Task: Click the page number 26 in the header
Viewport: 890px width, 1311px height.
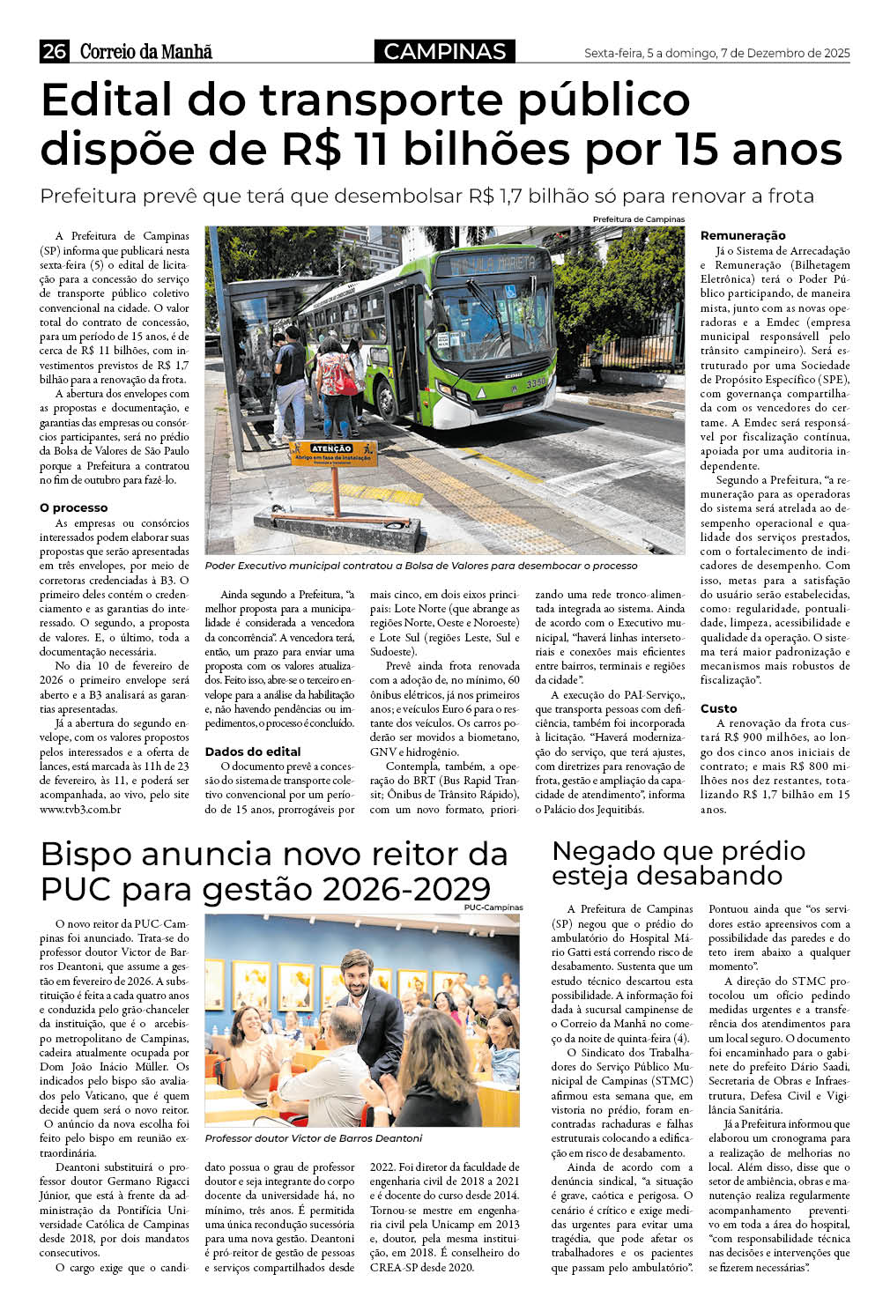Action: click(x=54, y=52)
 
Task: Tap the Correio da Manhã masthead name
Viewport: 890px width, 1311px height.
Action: click(x=145, y=52)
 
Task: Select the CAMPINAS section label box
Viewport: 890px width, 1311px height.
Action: click(x=444, y=52)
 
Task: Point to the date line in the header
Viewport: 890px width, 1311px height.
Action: click(x=716, y=54)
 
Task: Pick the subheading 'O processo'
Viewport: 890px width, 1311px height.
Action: click(x=74, y=508)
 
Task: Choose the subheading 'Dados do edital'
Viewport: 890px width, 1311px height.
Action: click(x=253, y=752)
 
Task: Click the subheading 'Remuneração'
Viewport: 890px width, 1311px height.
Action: click(x=743, y=235)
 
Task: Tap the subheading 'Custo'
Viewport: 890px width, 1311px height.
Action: click(x=719, y=708)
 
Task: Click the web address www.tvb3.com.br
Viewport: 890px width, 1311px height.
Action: click(x=80, y=809)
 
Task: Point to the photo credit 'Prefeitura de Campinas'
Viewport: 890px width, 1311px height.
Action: click(x=638, y=219)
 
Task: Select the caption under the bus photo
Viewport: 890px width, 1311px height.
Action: click(x=420, y=566)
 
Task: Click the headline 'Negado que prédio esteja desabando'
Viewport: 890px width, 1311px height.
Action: click(x=679, y=863)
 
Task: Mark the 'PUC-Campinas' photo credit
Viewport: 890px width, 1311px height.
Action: click(x=493, y=907)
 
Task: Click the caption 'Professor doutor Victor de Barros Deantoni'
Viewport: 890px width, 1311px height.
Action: click(x=314, y=1137)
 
